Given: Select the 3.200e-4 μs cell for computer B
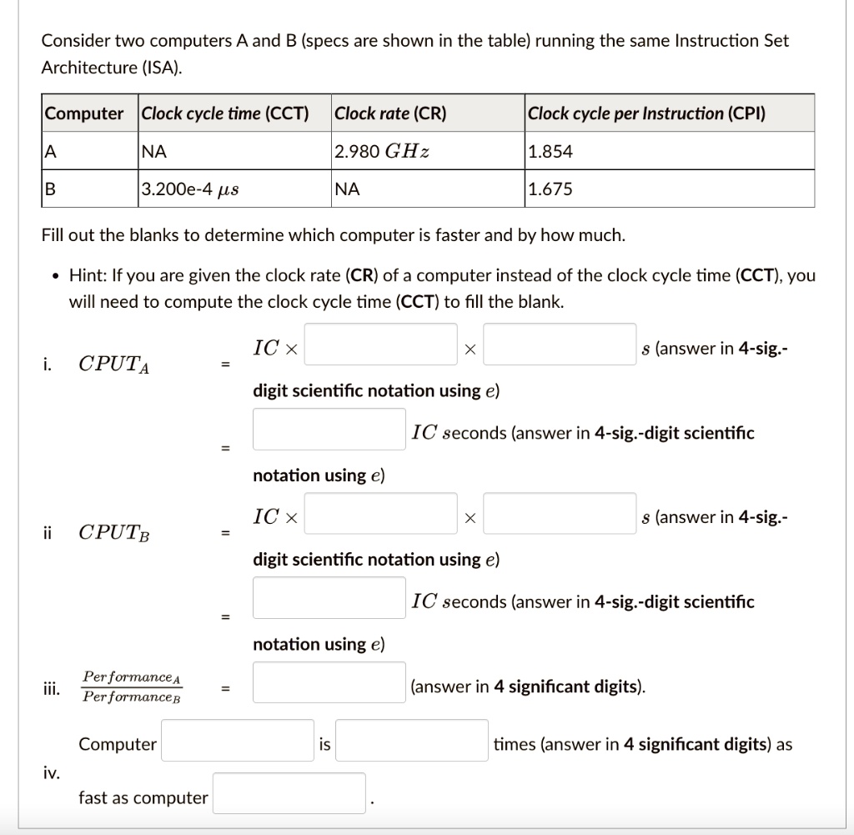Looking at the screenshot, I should point(190,189).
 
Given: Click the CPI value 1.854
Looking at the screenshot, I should point(550,152).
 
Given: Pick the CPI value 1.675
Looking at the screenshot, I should point(550,189).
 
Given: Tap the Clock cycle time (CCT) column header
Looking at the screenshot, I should point(225,113).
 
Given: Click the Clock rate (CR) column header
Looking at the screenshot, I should point(390,113).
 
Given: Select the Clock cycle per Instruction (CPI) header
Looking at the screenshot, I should point(646,113).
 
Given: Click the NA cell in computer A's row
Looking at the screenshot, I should point(154,152).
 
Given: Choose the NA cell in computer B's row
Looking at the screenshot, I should point(347,189).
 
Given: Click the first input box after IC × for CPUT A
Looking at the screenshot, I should point(380,345).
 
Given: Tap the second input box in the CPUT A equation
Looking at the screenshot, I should point(560,345).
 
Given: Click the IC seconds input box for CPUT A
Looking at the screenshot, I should point(329,429).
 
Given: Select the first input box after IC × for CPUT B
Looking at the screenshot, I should point(380,514).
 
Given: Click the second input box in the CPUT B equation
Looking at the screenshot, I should point(560,514).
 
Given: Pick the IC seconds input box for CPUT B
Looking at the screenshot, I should point(329,597).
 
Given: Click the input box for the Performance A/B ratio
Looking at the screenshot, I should point(329,682).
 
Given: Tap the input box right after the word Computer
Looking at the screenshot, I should point(238,741).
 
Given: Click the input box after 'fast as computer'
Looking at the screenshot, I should point(289,793).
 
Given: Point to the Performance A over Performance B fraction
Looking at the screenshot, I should point(132,687).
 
